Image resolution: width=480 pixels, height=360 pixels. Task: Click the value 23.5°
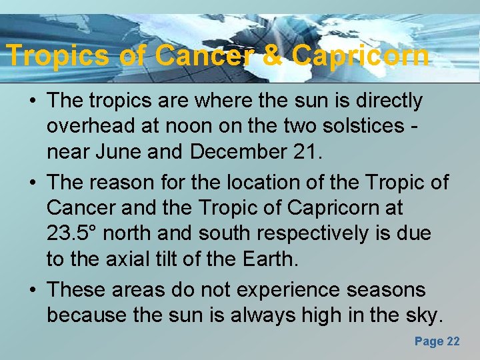[x=73, y=234]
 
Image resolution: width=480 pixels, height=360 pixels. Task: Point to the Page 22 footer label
[x=437, y=341]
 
